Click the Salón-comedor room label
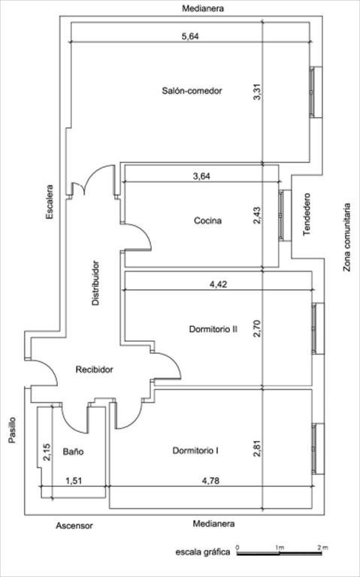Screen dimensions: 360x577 click(x=192, y=90)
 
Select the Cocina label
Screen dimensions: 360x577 click(x=207, y=221)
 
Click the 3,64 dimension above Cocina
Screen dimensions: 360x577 click(x=201, y=176)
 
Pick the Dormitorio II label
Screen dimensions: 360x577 click(x=213, y=329)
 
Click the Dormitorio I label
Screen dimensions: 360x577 click(x=195, y=451)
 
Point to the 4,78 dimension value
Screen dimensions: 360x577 click(x=211, y=481)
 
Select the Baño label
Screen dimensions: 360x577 click(x=73, y=452)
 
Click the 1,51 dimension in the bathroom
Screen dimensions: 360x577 click(x=74, y=481)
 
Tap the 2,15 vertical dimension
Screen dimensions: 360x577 click(x=47, y=452)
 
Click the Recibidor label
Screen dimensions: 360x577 click(x=94, y=370)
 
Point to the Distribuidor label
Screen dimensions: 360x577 click(x=95, y=283)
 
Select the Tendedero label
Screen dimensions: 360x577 click(x=307, y=215)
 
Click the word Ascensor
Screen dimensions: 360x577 click(x=74, y=526)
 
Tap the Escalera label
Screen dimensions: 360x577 click(x=50, y=202)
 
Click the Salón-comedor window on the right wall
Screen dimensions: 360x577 click(x=316, y=92)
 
